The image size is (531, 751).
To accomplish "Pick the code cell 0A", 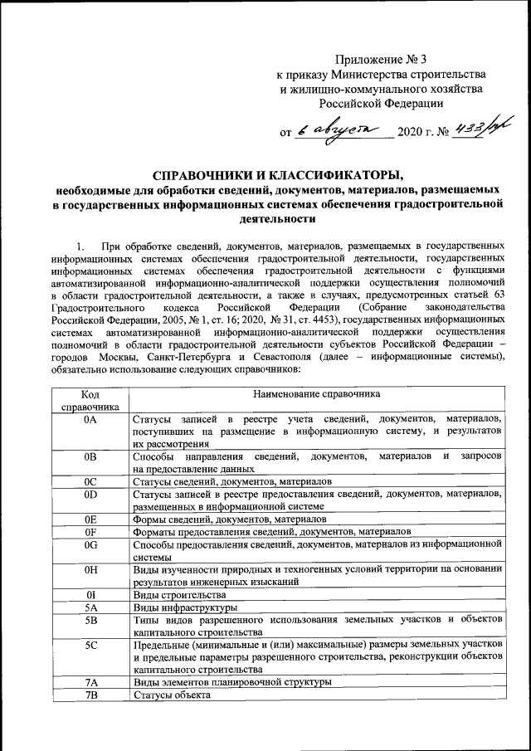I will [91, 420].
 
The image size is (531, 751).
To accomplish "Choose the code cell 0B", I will [91, 457].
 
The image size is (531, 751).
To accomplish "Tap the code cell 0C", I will [91, 481].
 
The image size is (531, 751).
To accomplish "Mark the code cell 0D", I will [91, 495].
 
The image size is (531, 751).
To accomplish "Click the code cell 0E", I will [91, 519].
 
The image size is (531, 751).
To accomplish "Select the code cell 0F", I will [91, 531].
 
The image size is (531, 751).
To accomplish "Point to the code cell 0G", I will [91, 544].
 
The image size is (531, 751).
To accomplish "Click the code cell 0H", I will [91, 569].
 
